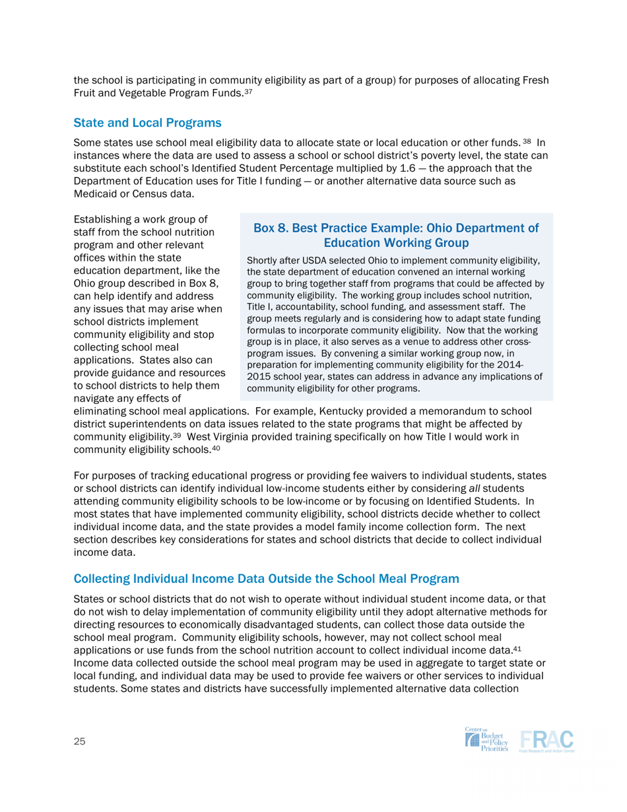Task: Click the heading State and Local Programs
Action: [147, 123]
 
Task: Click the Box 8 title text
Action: [396, 236]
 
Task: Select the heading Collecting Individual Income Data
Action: [266, 579]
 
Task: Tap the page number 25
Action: [80, 741]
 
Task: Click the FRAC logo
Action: [546, 740]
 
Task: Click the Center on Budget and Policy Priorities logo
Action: [487, 740]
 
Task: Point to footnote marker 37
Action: [248, 92]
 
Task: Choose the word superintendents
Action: [152, 424]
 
